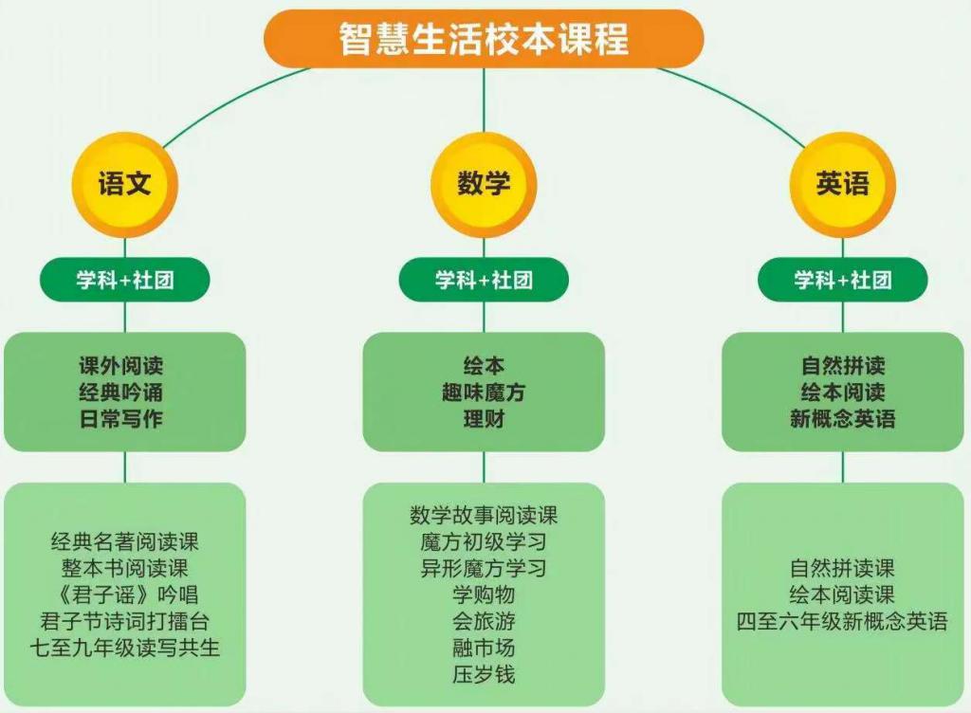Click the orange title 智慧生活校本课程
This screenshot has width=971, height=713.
point(484,39)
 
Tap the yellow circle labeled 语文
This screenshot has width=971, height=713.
point(124,183)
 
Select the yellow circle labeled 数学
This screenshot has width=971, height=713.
point(484,183)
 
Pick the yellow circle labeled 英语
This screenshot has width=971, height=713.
point(842,183)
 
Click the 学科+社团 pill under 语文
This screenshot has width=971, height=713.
point(124,280)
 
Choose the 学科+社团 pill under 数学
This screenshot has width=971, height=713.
point(484,280)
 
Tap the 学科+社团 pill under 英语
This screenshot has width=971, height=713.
point(842,280)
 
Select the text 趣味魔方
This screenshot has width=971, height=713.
point(484,393)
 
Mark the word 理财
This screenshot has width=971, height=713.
point(484,419)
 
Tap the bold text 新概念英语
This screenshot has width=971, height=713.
point(842,419)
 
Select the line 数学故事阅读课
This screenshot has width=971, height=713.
point(484,516)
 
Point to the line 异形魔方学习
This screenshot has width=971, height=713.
point(484,569)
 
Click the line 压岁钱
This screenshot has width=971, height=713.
point(484,675)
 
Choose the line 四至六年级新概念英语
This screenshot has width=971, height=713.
point(842,622)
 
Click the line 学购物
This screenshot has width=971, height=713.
point(484,595)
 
